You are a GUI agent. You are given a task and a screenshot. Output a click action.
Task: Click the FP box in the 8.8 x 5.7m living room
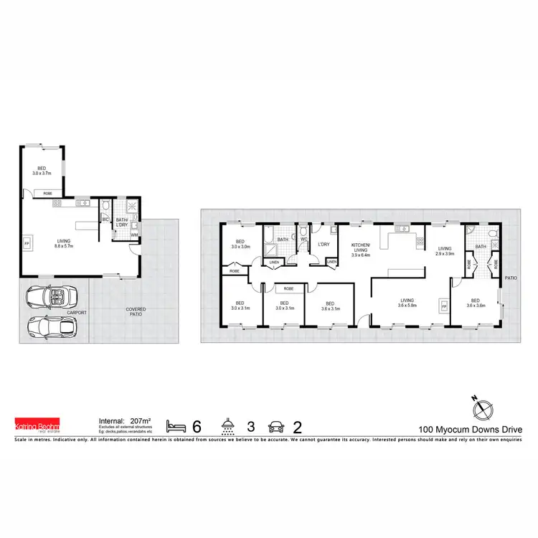pyautogui.click(x=27, y=242)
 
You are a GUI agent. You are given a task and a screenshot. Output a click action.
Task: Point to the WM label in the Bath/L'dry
pyautogui.click(x=134, y=235)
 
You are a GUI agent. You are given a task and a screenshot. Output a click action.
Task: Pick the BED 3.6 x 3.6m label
pyautogui.click(x=474, y=303)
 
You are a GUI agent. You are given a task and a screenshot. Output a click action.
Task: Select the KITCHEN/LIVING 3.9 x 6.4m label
pyautogui.click(x=360, y=248)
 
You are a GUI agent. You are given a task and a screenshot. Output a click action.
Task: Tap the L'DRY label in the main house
pyautogui.click(x=323, y=245)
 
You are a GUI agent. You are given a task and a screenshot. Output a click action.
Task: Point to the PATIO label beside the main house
pyautogui.click(x=511, y=277)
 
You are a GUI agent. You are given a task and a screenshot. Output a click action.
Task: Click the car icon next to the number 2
pyautogui.click(x=275, y=425)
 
